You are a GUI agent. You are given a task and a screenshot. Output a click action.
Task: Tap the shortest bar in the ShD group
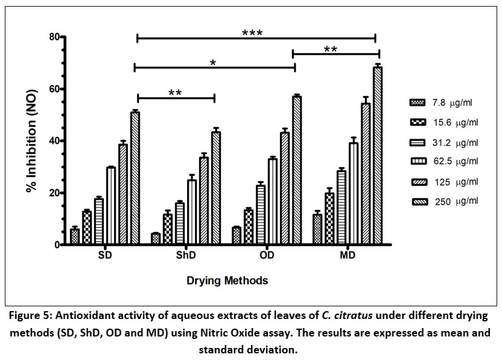[156, 239]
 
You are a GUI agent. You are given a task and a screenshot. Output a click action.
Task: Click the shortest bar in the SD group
[75, 236]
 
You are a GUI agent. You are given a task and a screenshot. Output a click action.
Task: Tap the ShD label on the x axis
[186, 256]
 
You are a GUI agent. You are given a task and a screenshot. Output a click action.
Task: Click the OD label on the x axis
[267, 256]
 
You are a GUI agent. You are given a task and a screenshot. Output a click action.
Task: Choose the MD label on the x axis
[347, 256]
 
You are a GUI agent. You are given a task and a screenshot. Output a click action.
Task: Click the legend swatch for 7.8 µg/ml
[414, 102]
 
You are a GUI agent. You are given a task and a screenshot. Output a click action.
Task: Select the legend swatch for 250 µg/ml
[414, 201]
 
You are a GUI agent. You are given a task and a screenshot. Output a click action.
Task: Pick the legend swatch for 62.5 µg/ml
[414, 161]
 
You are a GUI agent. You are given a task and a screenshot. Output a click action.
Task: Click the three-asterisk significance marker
[252, 32]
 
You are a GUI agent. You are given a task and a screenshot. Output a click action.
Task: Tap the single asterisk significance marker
[213, 62]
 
